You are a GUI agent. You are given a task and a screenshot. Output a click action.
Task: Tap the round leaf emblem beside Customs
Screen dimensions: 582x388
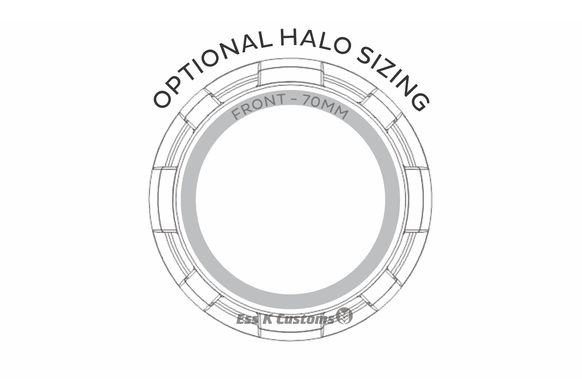344,316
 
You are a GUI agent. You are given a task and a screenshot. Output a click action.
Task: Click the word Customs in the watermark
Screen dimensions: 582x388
305,319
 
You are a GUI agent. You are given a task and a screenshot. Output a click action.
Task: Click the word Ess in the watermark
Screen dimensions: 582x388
247,320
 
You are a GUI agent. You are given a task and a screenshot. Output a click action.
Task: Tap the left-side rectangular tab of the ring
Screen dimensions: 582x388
164,199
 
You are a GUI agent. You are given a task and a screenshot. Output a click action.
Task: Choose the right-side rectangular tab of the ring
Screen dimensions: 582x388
418,199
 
